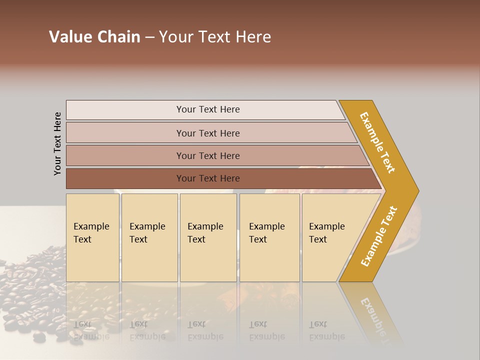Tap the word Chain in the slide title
click(x=119, y=37)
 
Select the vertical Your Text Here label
click(x=57, y=143)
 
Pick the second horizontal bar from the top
click(x=207, y=133)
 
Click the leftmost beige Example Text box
click(x=92, y=237)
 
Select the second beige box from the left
click(x=149, y=237)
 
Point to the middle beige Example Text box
click(x=208, y=237)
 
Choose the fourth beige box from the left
click(x=269, y=237)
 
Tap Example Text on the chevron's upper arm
click(x=377, y=142)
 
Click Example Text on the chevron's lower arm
click(x=379, y=236)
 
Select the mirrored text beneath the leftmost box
click(x=91, y=330)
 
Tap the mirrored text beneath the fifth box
click(x=326, y=330)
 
